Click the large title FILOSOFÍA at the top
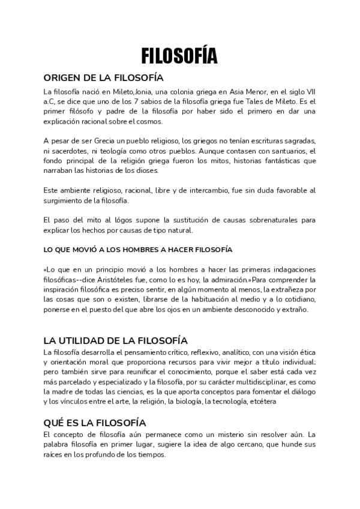pos(179,56)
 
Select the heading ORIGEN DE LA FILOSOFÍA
pos(103,78)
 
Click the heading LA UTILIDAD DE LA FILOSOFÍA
pos(116,340)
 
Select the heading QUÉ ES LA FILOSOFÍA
pos(95,422)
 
